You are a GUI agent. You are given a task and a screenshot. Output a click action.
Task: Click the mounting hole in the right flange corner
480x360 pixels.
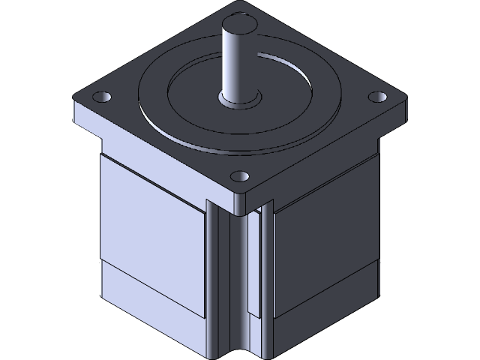tap(375, 97)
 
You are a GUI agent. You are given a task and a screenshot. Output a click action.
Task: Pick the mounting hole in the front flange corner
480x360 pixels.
tap(239, 176)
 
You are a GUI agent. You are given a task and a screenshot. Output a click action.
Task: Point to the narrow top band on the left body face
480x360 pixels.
tap(150, 169)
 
